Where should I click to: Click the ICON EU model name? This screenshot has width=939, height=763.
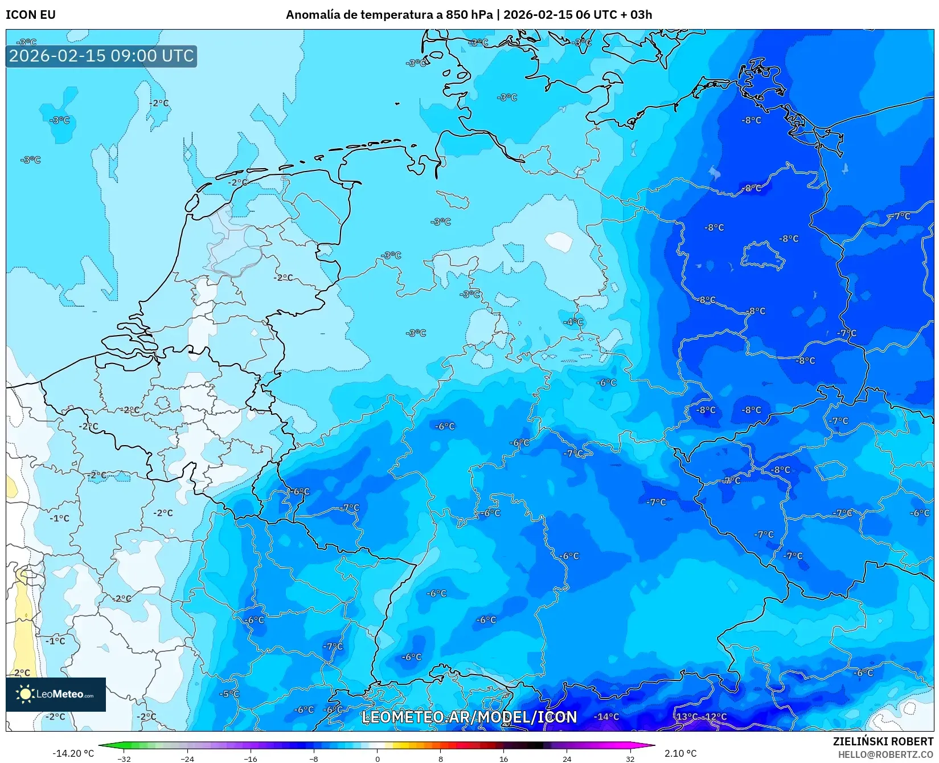click(31, 15)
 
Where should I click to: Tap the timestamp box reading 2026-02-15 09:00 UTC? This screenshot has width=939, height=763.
click(101, 56)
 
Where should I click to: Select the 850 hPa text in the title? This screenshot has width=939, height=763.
click(469, 15)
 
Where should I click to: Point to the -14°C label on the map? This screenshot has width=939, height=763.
click(606, 717)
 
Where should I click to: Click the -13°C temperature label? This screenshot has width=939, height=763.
click(686, 717)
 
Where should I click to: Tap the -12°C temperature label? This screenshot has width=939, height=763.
click(714, 717)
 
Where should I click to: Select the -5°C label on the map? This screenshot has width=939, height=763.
click(229, 694)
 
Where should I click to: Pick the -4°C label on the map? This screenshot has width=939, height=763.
click(573, 322)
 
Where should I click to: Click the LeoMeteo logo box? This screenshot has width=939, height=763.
click(56, 694)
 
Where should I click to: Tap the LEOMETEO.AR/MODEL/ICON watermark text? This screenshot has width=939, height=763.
click(469, 717)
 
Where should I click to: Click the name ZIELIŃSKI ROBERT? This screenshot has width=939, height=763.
click(883, 741)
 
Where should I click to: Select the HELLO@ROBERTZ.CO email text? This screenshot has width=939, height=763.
click(885, 754)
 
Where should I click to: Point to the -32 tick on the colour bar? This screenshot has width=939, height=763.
click(124, 758)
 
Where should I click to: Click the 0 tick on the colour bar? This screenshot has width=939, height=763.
click(377, 758)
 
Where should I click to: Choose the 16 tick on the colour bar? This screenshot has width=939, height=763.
click(503, 758)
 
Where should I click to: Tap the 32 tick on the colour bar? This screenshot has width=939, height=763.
click(630, 758)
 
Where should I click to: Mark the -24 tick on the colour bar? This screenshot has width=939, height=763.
click(187, 758)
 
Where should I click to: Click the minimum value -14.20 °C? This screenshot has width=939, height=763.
click(73, 753)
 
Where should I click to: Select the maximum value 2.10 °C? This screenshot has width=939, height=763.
click(680, 753)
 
